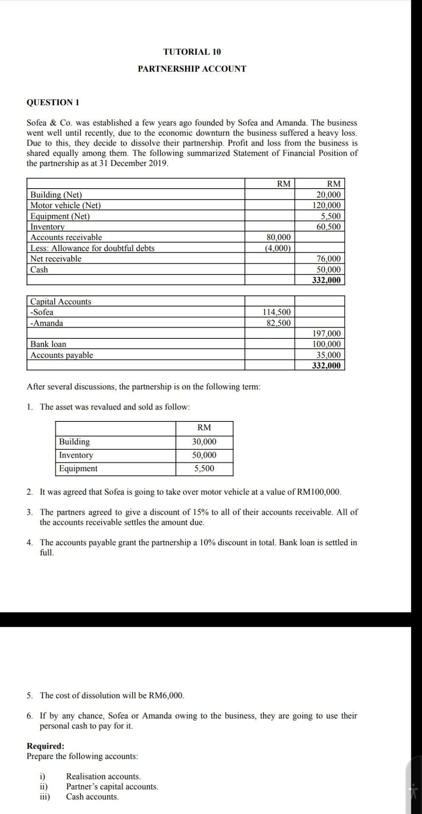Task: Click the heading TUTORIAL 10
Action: tap(192, 52)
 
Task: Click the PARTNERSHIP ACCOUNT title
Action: tap(192, 69)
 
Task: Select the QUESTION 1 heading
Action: tap(53, 102)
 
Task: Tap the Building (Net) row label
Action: tap(56, 195)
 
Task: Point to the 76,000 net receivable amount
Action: tap(328, 259)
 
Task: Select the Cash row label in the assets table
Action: tap(39, 270)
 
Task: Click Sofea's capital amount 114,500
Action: tap(277, 312)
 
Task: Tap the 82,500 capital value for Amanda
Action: tap(278, 323)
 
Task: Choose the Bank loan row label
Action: tap(48, 344)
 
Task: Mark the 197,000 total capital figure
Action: tap(326, 334)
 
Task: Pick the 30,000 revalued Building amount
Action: tap(204, 442)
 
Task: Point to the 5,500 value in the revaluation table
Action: tap(204, 468)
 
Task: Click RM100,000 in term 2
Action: tap(319, 492)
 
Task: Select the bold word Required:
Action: tap(45, 746)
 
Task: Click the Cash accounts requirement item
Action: tap(92, 797)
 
